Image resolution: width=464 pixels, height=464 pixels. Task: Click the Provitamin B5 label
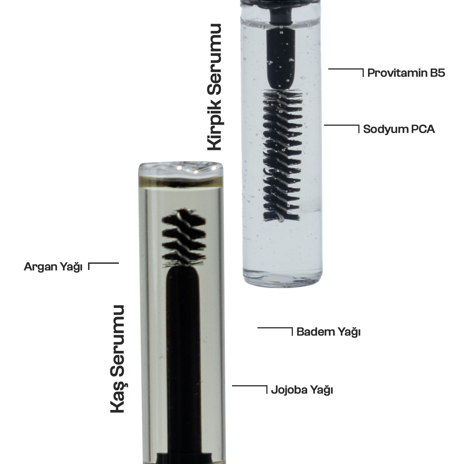406,73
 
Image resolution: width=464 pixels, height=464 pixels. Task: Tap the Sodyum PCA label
399,129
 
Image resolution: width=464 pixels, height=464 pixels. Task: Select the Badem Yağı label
328,332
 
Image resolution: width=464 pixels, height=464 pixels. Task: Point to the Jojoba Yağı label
302,390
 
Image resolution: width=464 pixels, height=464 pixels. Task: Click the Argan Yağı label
53,267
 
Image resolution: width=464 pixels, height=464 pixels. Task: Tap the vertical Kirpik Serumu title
214,87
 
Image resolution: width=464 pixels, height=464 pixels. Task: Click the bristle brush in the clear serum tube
282,155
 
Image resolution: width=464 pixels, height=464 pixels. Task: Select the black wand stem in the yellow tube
183,361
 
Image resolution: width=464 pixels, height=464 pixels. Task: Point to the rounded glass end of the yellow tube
181,169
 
